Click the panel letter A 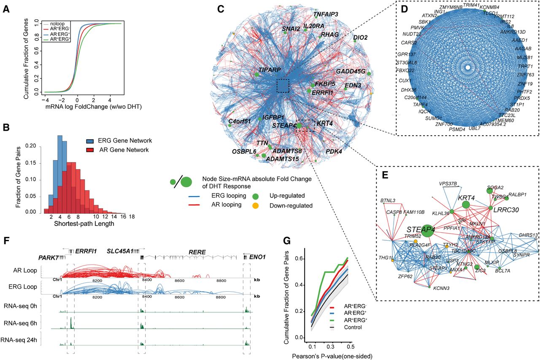(x=7, y=8)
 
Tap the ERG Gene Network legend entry (x=117, y=140)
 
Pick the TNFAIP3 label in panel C (x=326, y=14)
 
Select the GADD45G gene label (x=351, y=71)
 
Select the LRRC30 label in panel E (x=507, y=210)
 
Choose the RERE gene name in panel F (x=197, y=252)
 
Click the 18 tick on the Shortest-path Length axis (x=132, y=218)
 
